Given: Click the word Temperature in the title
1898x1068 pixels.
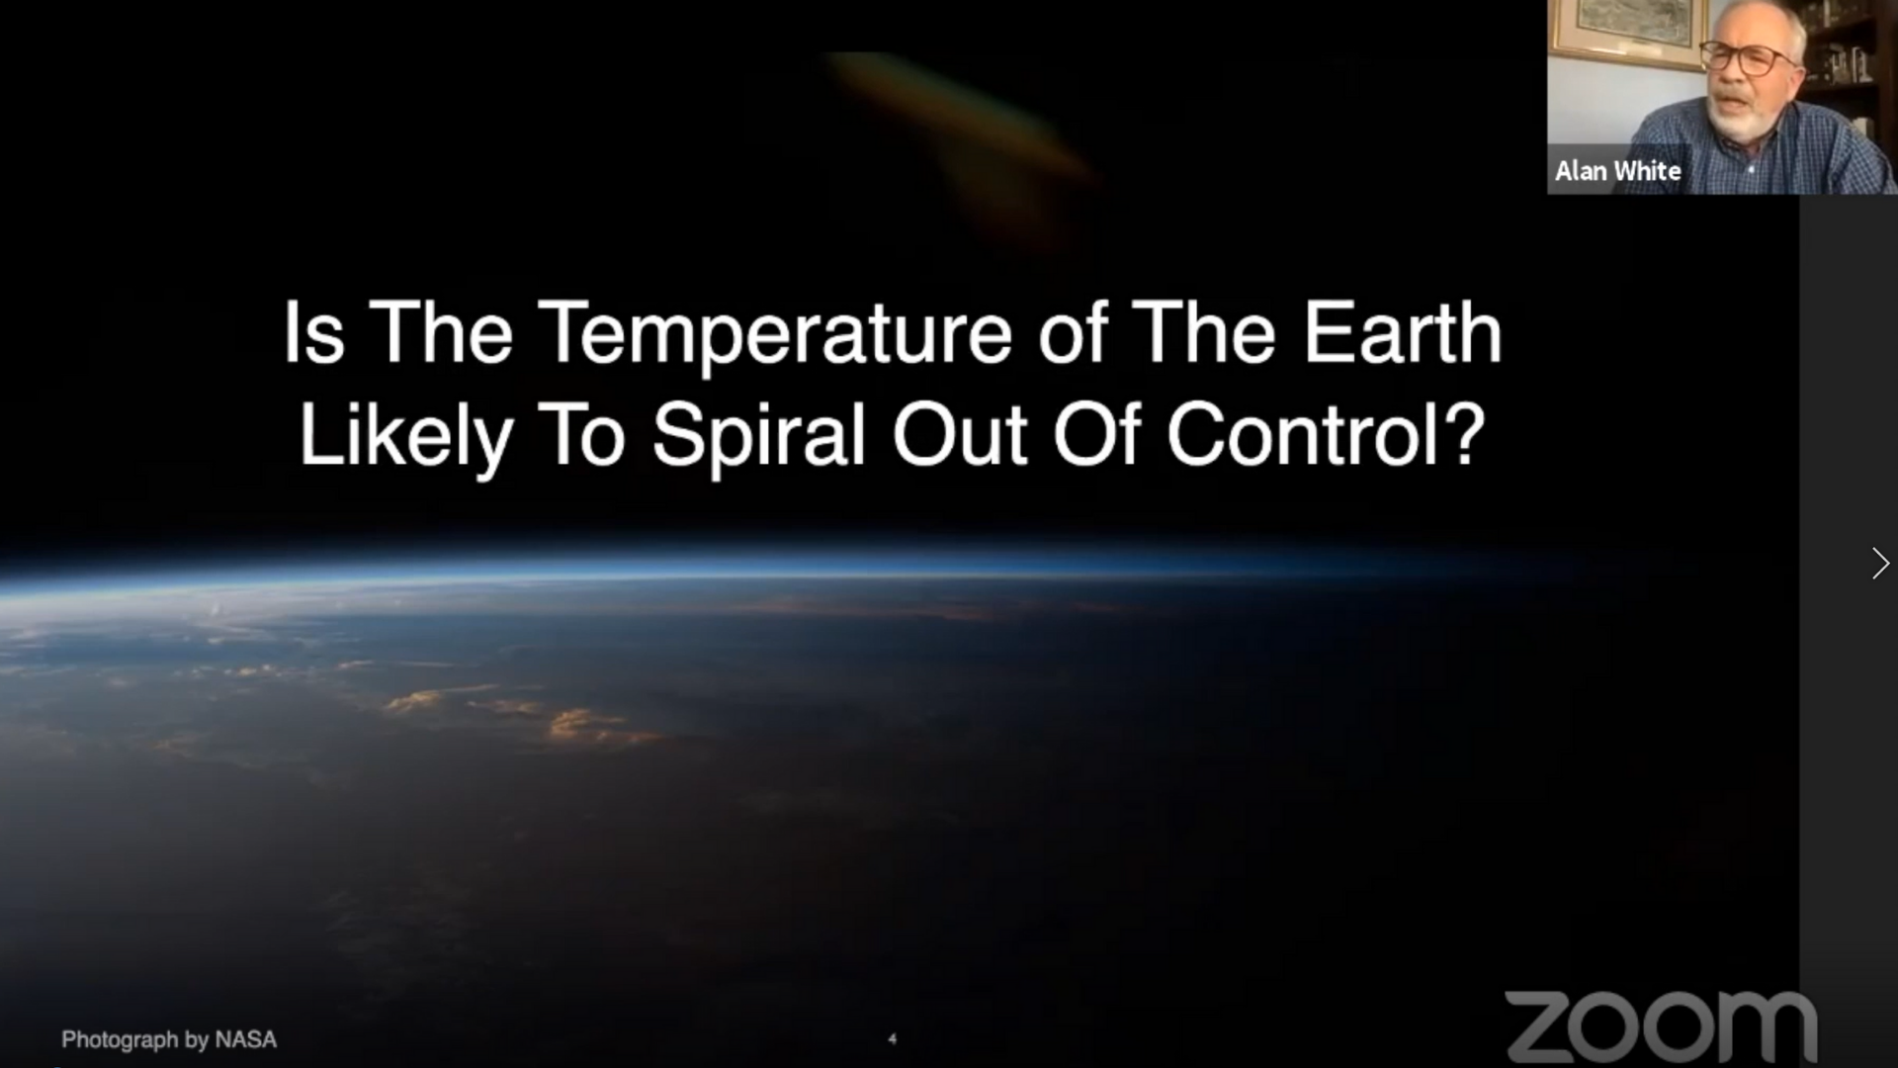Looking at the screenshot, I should pos(776,334).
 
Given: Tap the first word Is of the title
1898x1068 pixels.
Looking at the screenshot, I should pos(314,334).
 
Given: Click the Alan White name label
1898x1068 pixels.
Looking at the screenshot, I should pos(1617,171).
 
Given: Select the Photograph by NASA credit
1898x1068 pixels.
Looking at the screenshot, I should pos(169,1039).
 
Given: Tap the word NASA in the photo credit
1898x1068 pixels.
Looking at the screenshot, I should pos(246,1039).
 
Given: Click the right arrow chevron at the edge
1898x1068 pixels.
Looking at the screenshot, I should pos(1879,563).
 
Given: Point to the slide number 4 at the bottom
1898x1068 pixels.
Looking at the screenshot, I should pos(893,1038).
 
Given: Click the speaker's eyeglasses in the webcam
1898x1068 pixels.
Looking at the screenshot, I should pos(1749,57).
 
